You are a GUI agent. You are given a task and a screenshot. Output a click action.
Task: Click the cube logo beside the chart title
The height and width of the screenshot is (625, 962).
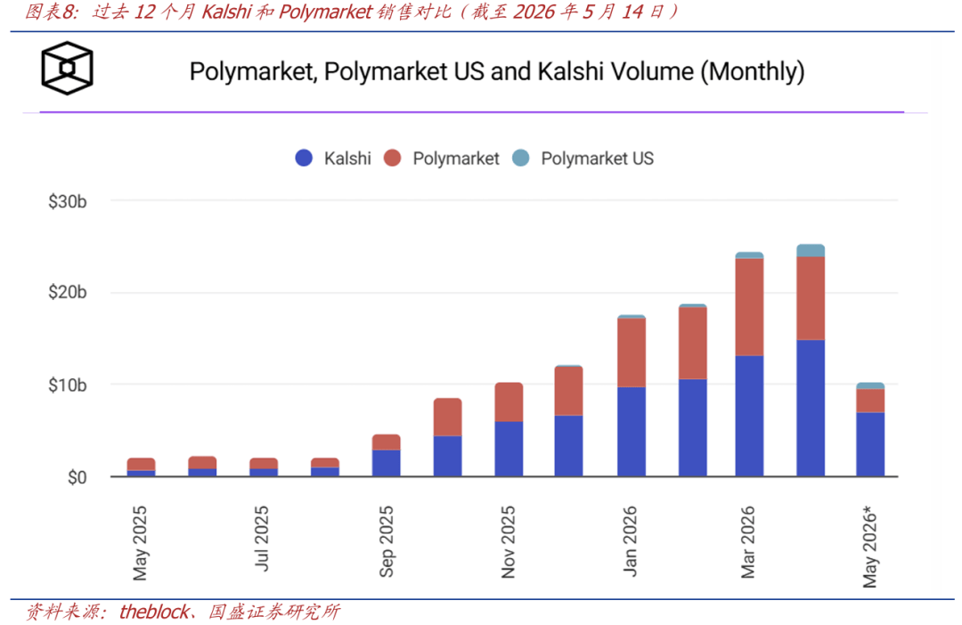click(x=67, y=68)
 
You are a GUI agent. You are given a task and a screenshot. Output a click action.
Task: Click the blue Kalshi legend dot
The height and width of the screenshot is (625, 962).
click(x=304, y=158)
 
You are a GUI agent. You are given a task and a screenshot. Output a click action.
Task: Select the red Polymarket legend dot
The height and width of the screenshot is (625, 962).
click(x=392, y=158)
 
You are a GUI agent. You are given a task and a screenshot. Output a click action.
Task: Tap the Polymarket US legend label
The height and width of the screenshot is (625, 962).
click(x=597, y=158)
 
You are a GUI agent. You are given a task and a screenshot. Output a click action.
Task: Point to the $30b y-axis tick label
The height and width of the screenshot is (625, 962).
click(x=68, y=201)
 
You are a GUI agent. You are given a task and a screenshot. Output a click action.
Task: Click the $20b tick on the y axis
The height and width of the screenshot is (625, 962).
click(x=68, y=292)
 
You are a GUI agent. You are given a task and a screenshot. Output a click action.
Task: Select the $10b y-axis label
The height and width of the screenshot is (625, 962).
click(x=68, y=386)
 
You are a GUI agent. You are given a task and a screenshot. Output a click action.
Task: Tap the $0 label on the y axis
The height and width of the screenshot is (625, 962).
click(x=77, y=477)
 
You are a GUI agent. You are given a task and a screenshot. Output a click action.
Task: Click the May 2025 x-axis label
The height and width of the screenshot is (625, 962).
click(x=140, y=543)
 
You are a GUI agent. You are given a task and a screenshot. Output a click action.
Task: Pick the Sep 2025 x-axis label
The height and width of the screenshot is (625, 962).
click(x=386, y=541)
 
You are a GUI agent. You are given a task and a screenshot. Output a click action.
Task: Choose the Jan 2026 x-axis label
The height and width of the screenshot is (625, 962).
click(x=630, y=541)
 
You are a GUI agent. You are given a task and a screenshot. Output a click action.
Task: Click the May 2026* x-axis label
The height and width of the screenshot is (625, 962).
click(x=870, y=547)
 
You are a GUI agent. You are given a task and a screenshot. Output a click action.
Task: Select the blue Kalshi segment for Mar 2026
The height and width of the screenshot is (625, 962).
click(x=749, y=416)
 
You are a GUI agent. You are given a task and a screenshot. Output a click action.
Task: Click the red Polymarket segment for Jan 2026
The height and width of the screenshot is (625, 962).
click(x=632, y=353)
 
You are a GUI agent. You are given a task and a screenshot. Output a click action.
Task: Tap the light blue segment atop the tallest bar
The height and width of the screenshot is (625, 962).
click(x=811, y=250)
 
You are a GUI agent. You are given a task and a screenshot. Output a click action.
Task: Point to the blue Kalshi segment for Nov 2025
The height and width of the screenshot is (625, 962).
click(x=509, y=449)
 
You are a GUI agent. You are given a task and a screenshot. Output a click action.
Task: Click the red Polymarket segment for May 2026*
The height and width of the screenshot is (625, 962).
click(x=870, y=401)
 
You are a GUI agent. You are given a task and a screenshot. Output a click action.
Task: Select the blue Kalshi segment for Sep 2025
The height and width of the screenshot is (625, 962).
click(x=386, y=463)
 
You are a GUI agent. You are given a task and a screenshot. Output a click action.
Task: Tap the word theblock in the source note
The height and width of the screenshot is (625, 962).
click(x=154, y=612)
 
